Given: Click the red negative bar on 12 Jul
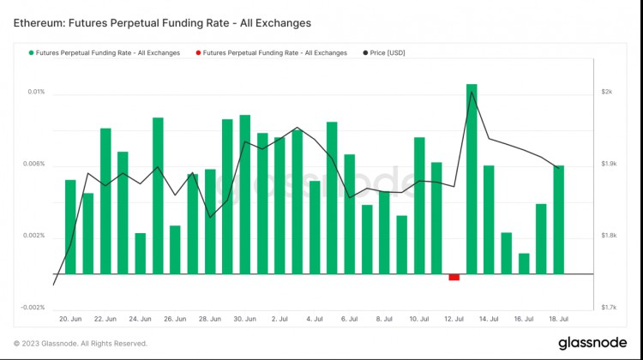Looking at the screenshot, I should [x=454, y=277].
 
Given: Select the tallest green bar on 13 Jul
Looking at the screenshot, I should [x=472, y=179].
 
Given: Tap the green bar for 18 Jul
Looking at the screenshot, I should [x=558, y=219].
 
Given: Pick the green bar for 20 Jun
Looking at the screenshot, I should [x=70, y=227].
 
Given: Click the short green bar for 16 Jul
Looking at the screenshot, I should [x=524, y=264].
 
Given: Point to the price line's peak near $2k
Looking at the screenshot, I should [x=472, y=92].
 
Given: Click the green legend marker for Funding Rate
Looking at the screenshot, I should [x=30, y=53].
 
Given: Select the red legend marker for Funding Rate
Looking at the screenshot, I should [x=197, y=53].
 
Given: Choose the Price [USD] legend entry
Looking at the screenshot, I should [x=386, y=53].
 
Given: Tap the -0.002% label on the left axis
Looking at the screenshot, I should [x=33, y=308].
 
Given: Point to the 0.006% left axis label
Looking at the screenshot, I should [x=33, y=164].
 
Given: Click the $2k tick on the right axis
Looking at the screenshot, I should [x=607, y=92].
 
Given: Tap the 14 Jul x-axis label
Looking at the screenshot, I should [x=489, y=319].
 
